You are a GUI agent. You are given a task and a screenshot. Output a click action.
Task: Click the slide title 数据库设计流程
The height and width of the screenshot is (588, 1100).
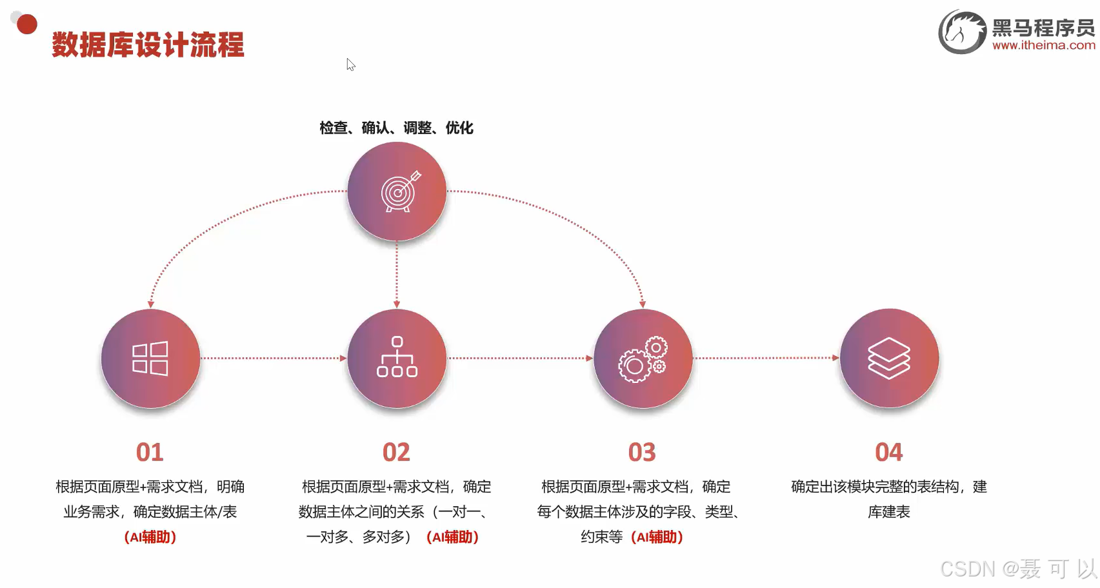(148, 45)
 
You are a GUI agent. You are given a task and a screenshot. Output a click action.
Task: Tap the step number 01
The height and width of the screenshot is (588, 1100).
(150, 452)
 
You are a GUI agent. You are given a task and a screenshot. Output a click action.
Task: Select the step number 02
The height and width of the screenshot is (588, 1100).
(396, 452)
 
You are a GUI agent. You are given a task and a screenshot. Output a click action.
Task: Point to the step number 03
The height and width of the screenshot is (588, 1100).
(642, 452)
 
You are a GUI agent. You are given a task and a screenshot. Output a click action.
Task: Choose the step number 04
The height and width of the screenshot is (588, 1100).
(888, 452)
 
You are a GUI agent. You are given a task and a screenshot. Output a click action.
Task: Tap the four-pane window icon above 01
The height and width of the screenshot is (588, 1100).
(150, 358)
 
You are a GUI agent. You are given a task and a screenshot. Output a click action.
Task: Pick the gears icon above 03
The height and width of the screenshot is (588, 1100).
(643, 359)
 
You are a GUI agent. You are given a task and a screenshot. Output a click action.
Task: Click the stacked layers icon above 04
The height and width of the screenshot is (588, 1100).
(889, 358)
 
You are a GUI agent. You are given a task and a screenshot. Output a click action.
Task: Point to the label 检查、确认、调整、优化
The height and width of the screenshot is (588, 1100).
(396, 128)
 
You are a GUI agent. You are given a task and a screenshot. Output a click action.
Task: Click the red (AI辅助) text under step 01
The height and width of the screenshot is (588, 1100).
(150, 536)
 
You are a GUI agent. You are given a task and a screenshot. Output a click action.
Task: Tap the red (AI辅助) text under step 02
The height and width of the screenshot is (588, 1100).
(452, 536)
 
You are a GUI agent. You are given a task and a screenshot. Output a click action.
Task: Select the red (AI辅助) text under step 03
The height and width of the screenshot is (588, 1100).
(657, 536)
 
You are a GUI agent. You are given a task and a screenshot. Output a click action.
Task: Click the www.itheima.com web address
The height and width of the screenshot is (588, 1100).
(1043, 45)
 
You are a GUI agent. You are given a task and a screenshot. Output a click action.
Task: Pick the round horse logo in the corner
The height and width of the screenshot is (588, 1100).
(962, 32)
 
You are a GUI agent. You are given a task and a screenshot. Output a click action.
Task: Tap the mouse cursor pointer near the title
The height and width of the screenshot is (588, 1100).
(350, 64)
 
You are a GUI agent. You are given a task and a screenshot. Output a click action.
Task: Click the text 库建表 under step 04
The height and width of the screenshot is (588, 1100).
(888, 512)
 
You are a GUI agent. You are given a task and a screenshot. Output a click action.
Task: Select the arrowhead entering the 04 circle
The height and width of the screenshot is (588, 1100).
(835, 358)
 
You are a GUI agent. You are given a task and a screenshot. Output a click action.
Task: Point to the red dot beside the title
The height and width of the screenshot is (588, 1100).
(26, 24)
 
